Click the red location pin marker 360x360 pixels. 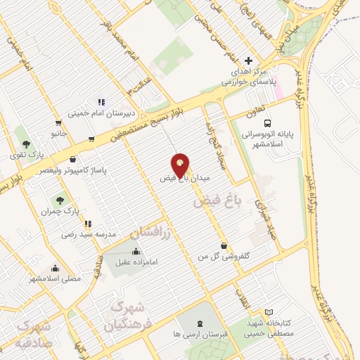point(181,165)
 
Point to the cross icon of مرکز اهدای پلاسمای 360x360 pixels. point(248,61)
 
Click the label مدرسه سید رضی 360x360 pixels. point(89,233)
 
